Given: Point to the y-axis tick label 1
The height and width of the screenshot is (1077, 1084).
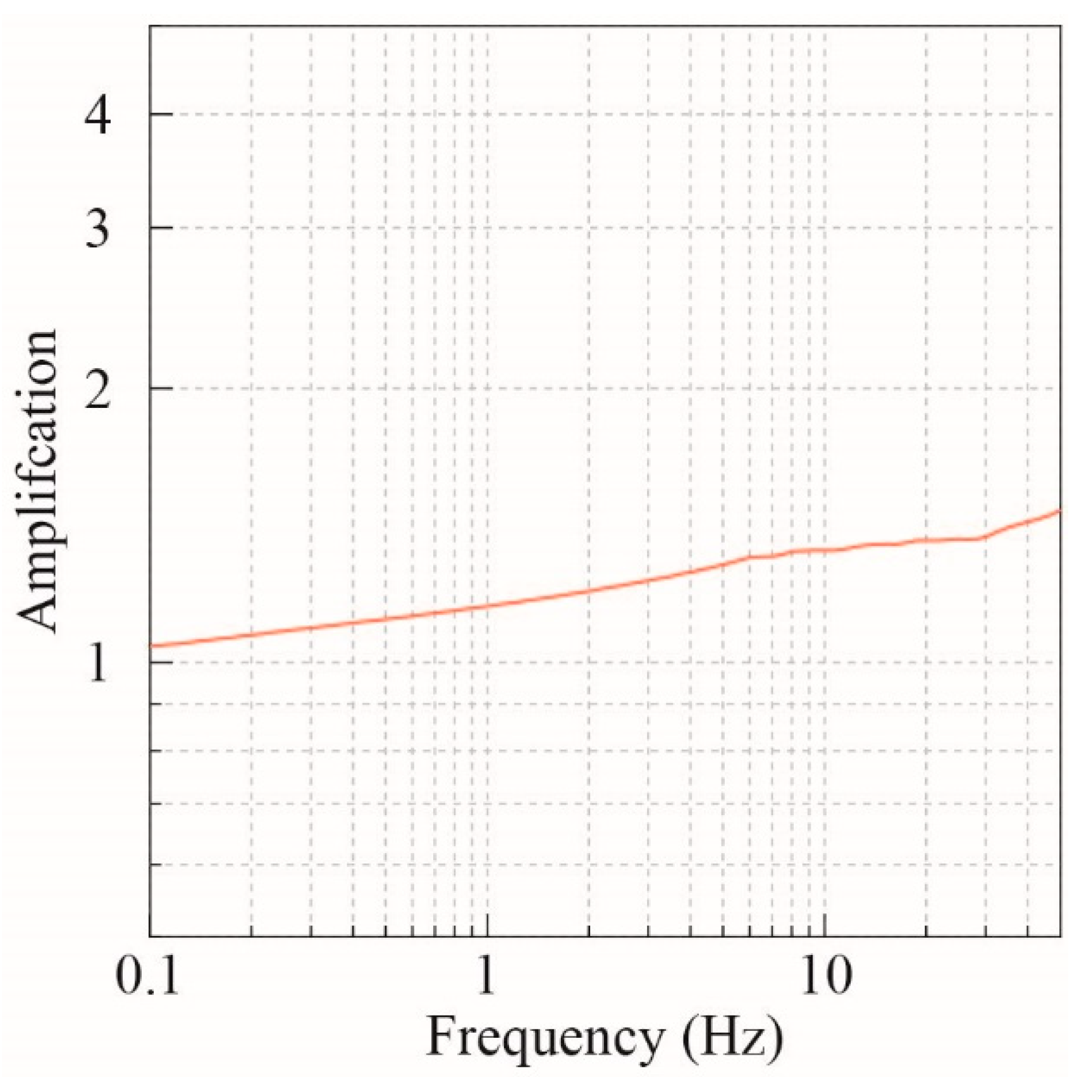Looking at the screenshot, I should click(x=97, y=664).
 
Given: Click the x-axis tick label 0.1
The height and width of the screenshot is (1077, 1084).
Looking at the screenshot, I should click(x=147, y=976).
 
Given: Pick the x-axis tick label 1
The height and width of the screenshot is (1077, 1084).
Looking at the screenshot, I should click(x=485, y=976).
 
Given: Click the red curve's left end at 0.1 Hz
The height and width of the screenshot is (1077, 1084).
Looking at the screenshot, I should click(x=151, y=646).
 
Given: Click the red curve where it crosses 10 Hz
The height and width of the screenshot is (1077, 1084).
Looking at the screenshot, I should click(x=825, y=550).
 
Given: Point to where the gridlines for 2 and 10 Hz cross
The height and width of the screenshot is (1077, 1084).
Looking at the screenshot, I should click(x=825, y=388).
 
